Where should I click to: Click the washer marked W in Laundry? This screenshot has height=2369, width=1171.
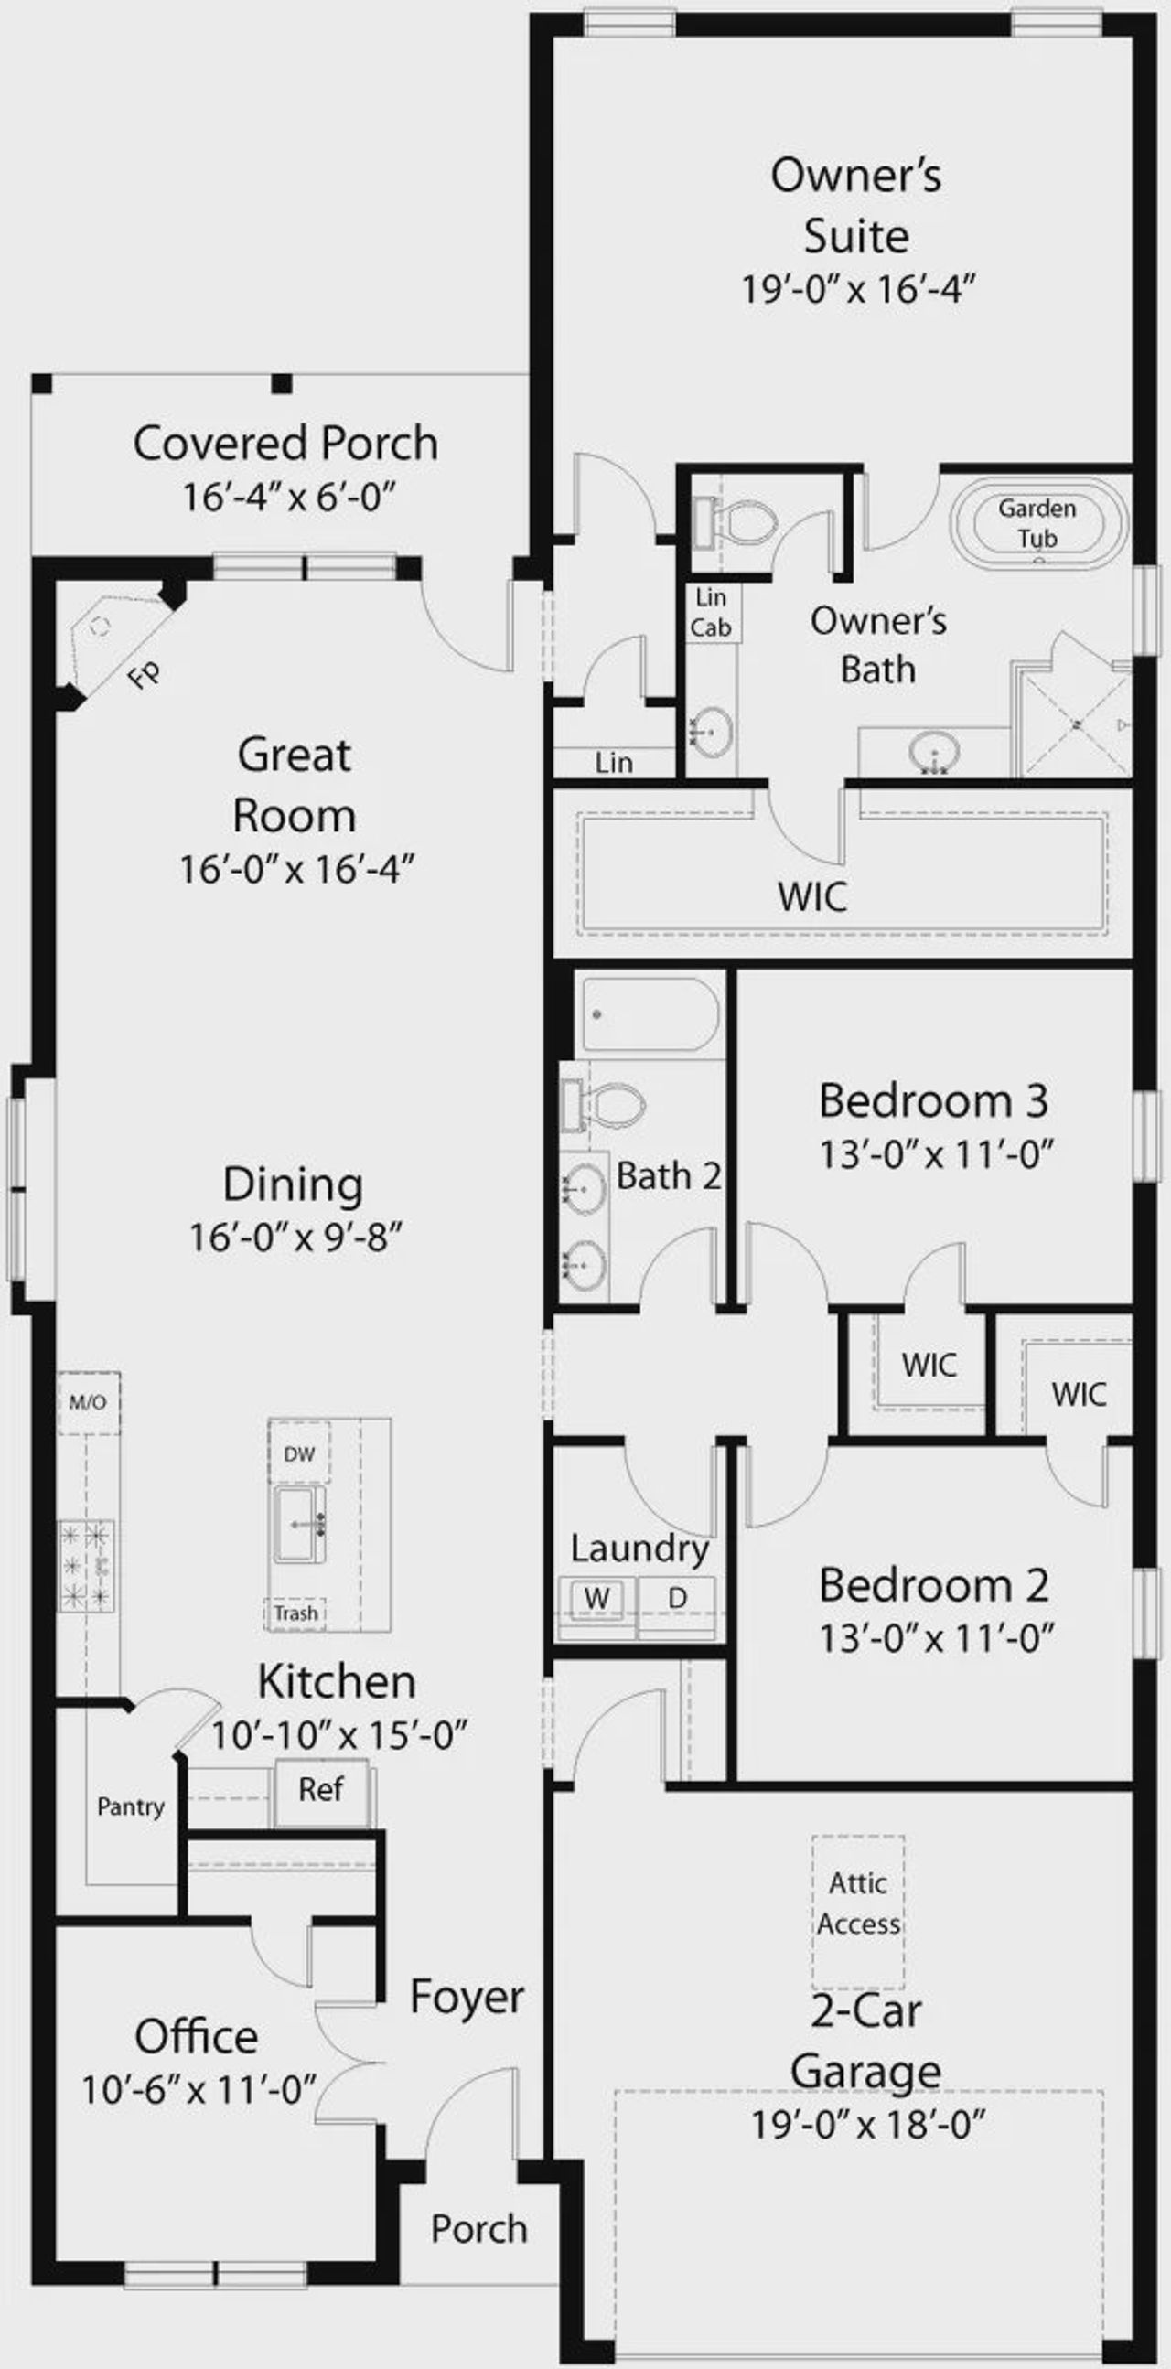(597, 1598)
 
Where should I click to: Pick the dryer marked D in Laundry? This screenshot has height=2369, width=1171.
(677, 1598)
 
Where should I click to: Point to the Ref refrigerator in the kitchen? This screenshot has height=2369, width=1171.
(321, 1789)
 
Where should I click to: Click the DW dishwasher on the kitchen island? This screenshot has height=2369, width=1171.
(299, 1454)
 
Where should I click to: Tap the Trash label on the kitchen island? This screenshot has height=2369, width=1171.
(295, 1613)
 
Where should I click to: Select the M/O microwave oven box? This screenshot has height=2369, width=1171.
(89, 1402)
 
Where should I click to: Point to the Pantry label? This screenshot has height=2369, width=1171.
(131, 1806)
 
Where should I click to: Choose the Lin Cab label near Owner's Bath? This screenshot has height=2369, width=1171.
(711, 613)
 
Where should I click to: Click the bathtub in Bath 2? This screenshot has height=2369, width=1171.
(650, 1014)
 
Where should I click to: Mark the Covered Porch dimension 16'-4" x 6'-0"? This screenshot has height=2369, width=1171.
(288, 498)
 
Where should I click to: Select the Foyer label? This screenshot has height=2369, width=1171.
(467, 1997)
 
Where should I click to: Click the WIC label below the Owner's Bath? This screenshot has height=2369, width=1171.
(812, 896)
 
